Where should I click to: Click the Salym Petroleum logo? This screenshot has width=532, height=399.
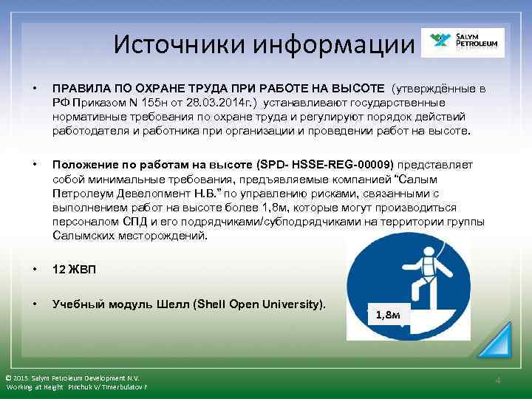(462, 43)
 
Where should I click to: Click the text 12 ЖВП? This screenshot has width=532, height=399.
(74, 270)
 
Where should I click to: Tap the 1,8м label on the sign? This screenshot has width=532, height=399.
(388, 315)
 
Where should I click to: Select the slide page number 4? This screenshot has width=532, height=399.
(498, 381)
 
